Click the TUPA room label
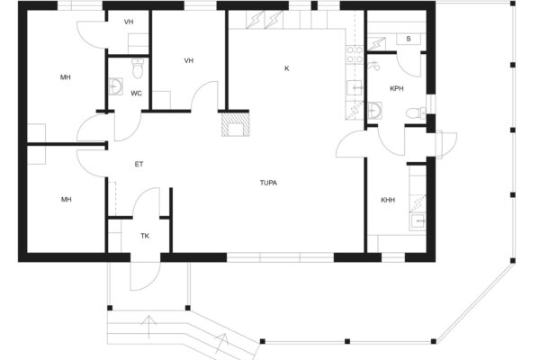[268, 183]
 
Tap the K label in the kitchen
[286, 68]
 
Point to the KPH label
[396, 88]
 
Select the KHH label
[388, 200]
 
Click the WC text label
[136, 94]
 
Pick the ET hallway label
[139, 165]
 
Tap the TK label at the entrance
[145, 236]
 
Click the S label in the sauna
[409, 39]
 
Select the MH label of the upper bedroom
[66, 77]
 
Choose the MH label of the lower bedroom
[66, 200]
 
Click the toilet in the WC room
[138, 68]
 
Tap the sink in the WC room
[115, 86]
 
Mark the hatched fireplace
[235, 124]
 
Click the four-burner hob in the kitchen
[355, 55]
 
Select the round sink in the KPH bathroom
[374, 110]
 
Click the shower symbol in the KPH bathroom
[373, 66]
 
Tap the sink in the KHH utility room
[418, 221]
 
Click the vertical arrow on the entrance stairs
[148, 327]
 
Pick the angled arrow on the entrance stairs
[220, 344]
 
